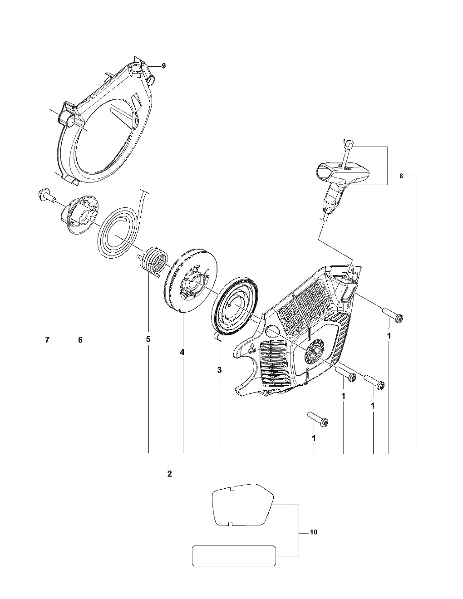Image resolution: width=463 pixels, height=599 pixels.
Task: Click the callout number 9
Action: click(x=163, y=66)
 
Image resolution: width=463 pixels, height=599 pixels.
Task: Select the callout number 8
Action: click(x=401, y=176)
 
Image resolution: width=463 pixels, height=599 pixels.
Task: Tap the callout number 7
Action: click(x=47, y=340)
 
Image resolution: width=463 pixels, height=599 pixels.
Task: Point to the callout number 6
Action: click(x=80, y=340)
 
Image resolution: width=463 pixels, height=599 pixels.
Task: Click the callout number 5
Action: click(x=148, y=339)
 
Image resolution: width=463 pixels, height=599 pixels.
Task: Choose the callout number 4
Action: click(x=182, y=352)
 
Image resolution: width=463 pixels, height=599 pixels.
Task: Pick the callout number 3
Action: click(x=220, y=370)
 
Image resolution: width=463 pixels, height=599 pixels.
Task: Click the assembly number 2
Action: click(x=170, y=474)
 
